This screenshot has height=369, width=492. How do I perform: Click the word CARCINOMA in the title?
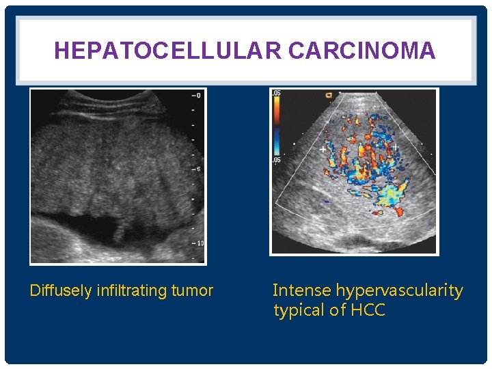[362, 51]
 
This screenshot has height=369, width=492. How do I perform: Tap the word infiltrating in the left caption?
[130, 291]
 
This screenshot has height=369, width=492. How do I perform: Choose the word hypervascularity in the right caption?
[399, 291]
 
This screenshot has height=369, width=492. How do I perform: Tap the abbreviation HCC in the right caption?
[368, 311]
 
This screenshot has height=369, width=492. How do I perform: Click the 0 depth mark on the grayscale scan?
[198, 94]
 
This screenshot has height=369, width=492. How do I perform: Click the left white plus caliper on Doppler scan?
[322, 148]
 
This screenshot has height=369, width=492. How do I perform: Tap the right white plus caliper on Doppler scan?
[395, 147]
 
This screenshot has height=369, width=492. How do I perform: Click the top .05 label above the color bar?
[276, 93]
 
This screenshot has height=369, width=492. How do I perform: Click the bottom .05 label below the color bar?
[276, 160]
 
